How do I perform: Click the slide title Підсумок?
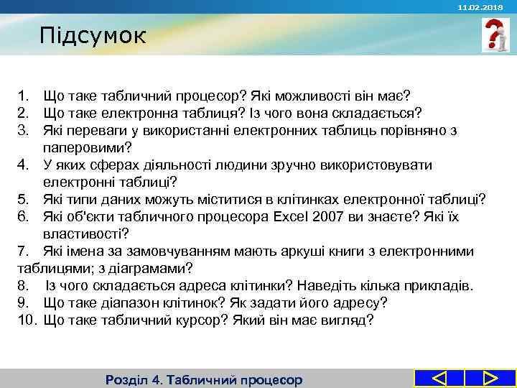[x=93, y=35]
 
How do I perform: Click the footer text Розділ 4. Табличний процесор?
[x=204, y=379]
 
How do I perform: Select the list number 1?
[x=23, y=96]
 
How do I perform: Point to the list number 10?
[x=26, y=320]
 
